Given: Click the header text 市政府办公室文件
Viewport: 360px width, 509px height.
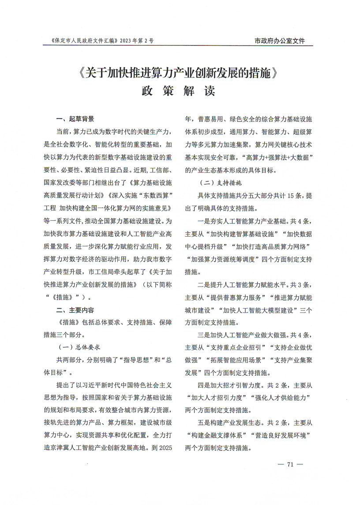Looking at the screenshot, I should click(280, 41).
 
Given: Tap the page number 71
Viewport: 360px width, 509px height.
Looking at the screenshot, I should click(290, 464).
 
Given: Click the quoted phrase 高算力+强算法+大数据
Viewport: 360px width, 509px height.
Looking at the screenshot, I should click(278, 158).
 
